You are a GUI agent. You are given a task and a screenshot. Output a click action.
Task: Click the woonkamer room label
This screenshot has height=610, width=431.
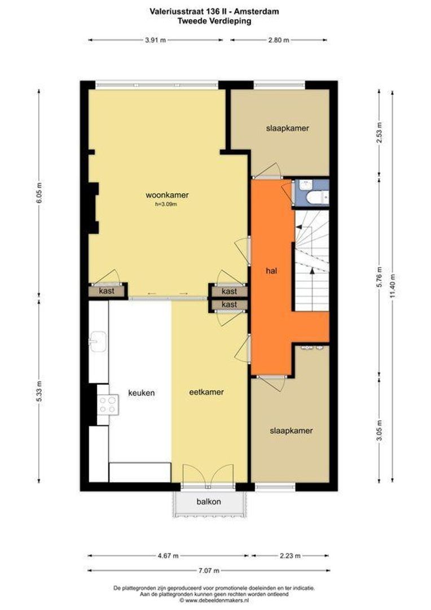[x=167, y=195]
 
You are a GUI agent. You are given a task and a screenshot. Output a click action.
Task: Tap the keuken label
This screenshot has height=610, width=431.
[x=142, y=393]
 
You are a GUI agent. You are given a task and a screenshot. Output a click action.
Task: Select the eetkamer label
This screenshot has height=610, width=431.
[x=206, y=392]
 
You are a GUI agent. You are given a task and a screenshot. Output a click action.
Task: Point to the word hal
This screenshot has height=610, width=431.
[x=271, y=271]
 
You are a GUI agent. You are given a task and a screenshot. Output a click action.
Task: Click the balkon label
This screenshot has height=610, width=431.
[x=209, y=502]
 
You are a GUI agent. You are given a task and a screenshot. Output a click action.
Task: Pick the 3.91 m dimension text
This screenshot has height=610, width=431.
[x=156, y=40]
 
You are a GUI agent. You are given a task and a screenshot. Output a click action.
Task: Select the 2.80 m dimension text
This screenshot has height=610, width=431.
[x=279, y=40]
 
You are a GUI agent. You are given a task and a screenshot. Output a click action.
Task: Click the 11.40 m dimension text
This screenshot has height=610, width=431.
[x=393, y=286]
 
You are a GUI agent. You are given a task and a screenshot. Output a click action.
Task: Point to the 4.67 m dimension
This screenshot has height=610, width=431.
[x=168, y=556]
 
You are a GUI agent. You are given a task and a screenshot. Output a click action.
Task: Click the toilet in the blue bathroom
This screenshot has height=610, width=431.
[x=317, y=198]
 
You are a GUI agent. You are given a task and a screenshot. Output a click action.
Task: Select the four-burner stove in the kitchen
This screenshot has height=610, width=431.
[x=108, y=404]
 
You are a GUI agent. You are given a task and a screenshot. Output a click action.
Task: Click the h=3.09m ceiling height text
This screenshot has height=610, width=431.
[x=166, y=204]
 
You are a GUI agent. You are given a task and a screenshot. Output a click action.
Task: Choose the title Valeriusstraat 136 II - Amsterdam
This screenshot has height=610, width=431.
[x=214, y=12]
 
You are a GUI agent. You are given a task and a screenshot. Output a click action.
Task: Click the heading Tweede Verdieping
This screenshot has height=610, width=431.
[x=214, y=21]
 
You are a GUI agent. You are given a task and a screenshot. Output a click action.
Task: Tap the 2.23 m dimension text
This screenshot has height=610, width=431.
[x=290, y=556]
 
